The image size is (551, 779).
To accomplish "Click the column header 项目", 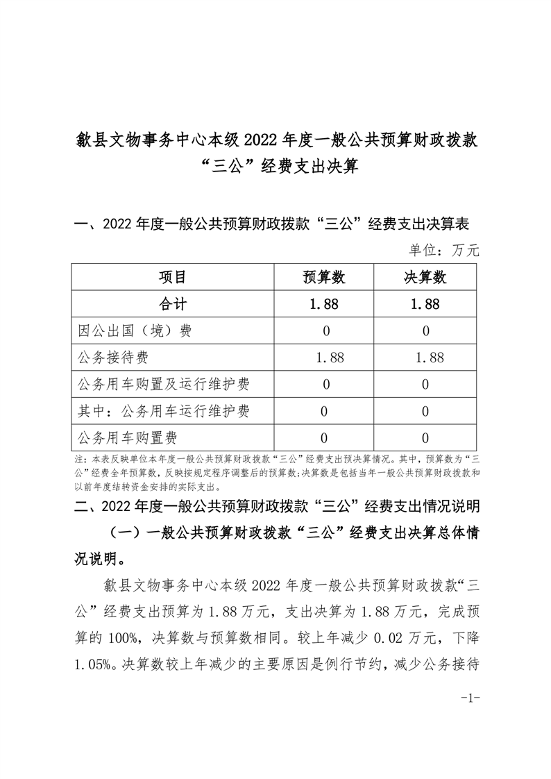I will pos(173,278).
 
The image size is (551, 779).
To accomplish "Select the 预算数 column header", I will pos(324,278).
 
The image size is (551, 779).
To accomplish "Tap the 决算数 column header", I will pos(425,278).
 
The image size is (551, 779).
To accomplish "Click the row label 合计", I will pos(173,304).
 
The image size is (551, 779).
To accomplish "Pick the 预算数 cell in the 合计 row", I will pos(324,304).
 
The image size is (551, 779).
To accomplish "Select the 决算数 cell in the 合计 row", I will pos(425,304).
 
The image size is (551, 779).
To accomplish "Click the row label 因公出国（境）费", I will pos(135,330).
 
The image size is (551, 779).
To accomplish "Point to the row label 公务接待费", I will pos(114,358).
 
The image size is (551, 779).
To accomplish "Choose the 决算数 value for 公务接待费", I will pos(425,358).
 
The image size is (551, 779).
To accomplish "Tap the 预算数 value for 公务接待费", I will pos(324,358).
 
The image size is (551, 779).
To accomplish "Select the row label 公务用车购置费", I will pos(128,437).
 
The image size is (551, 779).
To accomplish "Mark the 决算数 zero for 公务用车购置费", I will pos(425,438).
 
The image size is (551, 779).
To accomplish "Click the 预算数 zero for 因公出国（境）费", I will pos(324,331).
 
